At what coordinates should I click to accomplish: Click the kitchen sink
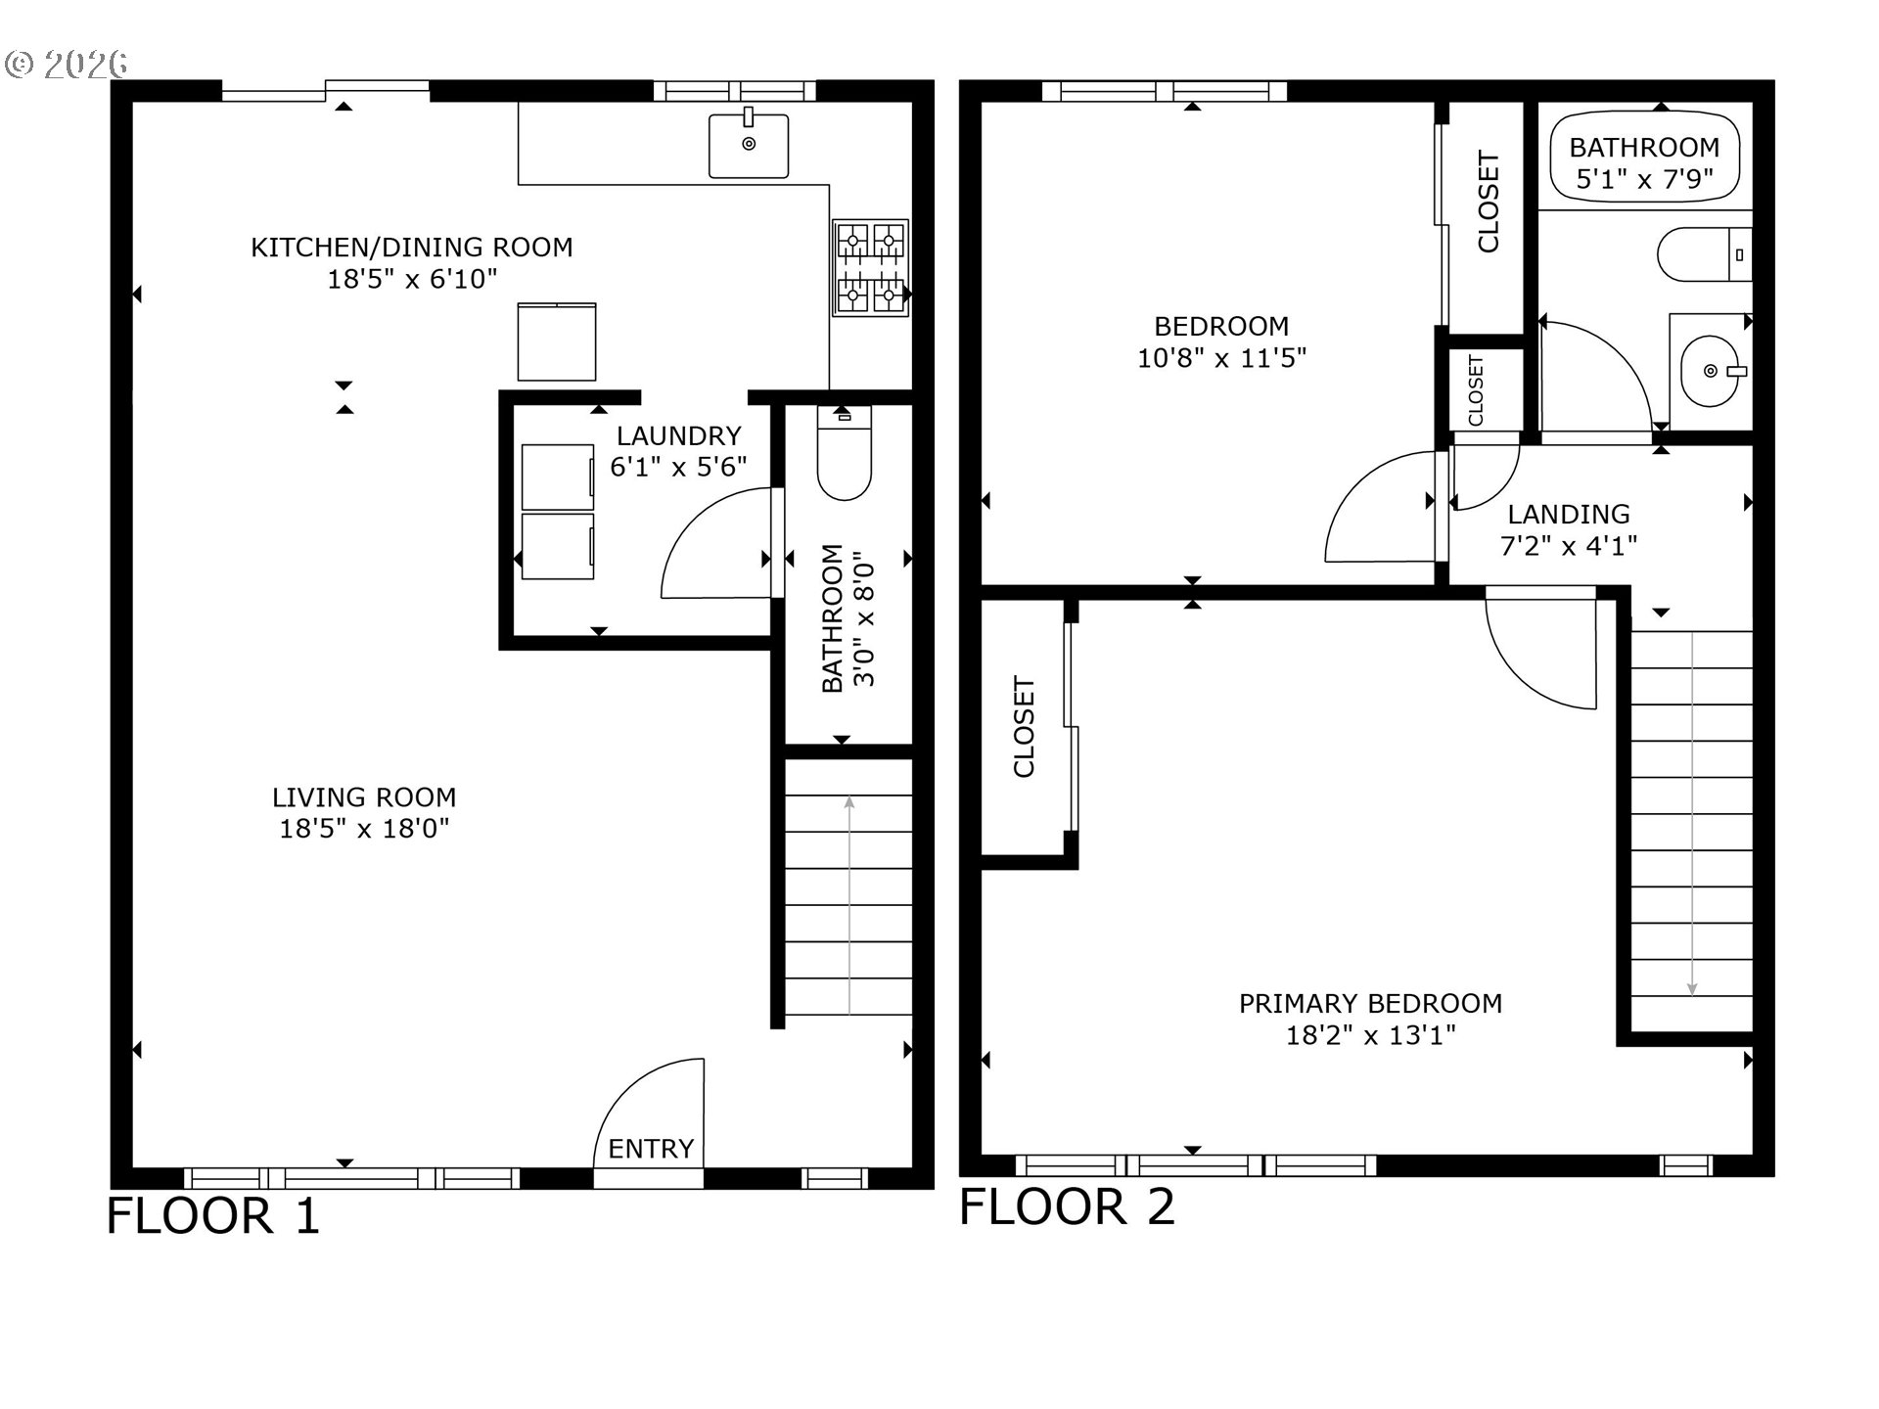749,145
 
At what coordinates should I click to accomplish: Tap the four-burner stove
870,267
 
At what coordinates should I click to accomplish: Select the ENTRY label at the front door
651,1148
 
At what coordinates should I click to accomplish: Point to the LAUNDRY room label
678,435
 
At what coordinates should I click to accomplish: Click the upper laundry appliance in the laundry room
558,477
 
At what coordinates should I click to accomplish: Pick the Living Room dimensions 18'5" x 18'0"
364,829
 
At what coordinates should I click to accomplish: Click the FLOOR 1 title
213,1216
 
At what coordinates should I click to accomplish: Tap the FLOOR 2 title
1067,1205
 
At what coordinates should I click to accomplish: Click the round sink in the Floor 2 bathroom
1710,371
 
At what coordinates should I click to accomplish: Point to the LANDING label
1568,514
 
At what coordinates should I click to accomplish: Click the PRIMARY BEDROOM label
1370,1003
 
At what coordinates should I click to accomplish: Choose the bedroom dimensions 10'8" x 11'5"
1221,358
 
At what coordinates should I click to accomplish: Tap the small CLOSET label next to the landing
1476,390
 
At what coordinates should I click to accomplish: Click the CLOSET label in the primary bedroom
1024,726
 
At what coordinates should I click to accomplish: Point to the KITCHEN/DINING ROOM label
412,247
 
